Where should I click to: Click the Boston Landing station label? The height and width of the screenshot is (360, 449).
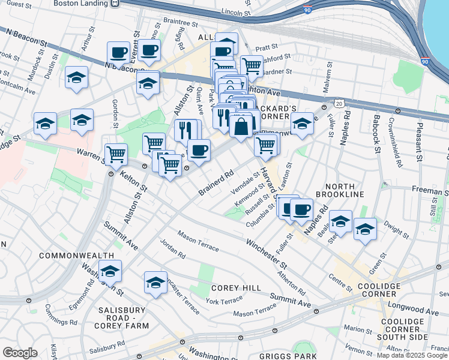pyautogui.click(x=82, y=3)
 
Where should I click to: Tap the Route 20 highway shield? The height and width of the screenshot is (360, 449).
pyautogui.click(x=339, y=104)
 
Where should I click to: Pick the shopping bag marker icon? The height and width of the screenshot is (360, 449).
pyautogui.click(x=241, y=127)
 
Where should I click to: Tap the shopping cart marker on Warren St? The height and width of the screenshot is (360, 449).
pyautogui.click(x=116, y=154)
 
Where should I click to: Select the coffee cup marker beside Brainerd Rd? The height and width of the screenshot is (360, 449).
pyautogui.click(x=199, y=150)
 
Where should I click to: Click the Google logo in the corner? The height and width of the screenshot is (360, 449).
pyautogui.click(x=20, y=353)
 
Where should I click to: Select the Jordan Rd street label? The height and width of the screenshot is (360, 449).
pyautogui.click(x=173, y=248)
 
